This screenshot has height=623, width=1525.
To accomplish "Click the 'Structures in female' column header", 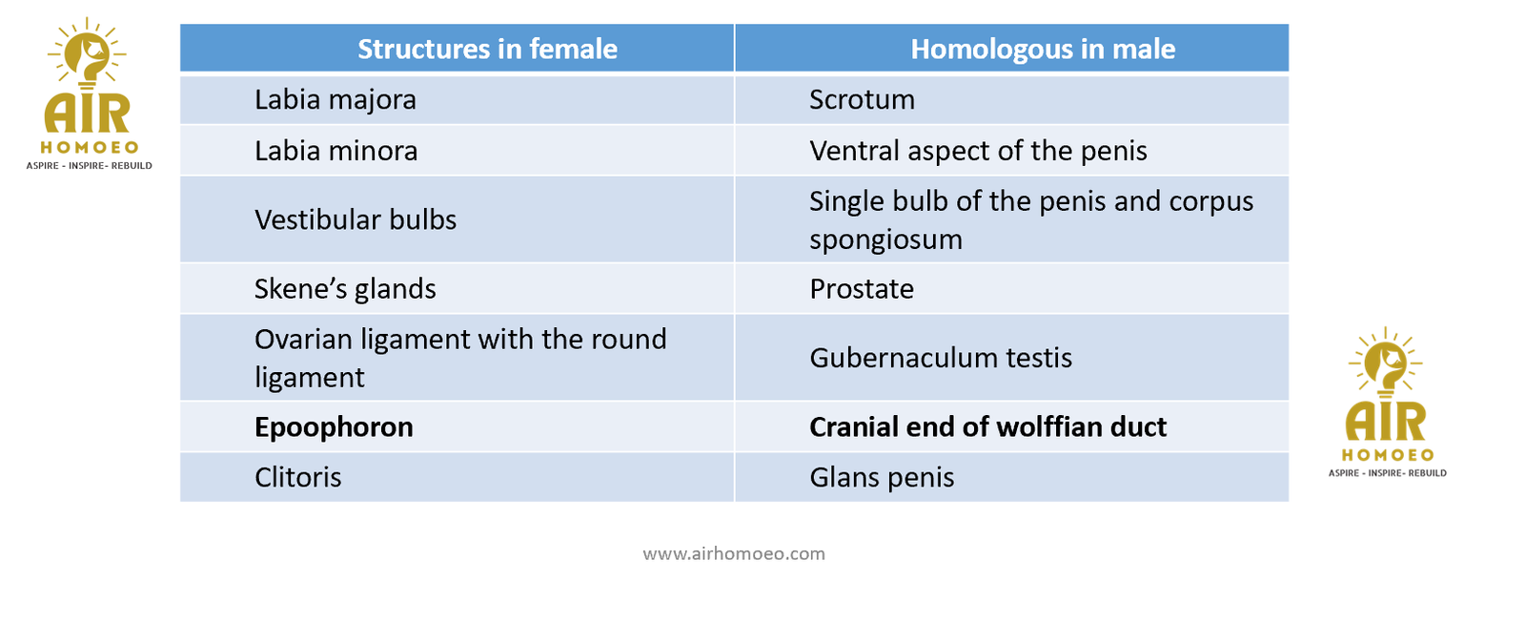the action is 487,49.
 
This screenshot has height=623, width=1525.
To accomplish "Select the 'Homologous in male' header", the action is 1043,49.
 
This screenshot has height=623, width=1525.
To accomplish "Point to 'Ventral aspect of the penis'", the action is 978,151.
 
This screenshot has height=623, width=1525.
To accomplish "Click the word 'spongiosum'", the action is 885,239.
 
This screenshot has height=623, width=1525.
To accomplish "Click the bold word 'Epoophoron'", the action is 334,427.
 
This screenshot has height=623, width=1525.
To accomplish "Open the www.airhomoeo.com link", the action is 734,553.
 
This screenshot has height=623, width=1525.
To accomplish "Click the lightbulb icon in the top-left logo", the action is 87,54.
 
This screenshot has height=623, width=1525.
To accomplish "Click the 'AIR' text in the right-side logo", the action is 1386,422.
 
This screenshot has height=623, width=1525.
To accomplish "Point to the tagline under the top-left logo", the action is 90,166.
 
